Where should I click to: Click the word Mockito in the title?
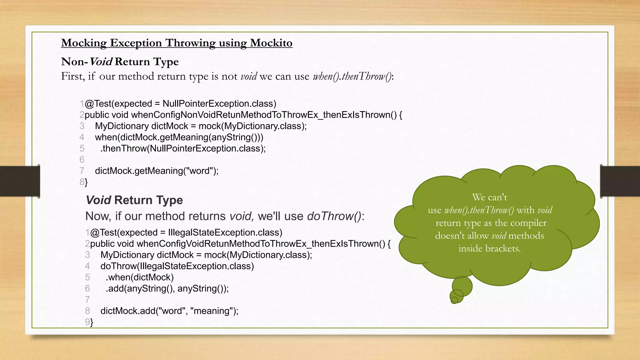point(271,43)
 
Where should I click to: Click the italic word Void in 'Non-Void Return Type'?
point(101,62)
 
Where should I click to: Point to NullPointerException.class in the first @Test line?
point(219,104)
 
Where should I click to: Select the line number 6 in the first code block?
point(82,160)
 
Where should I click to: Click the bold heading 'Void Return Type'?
point(134,200)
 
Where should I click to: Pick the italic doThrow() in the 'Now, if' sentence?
point(334,216)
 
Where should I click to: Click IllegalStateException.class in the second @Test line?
point(225,233)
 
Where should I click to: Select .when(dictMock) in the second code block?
point(139,277)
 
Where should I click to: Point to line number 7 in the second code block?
point(87,300)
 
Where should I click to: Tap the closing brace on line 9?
point(92,322)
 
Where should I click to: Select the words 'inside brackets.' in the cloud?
point(489,249)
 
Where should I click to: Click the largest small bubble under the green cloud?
point(462,286)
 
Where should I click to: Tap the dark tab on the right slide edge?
point(620,181)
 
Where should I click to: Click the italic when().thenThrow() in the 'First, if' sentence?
point(352,77)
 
